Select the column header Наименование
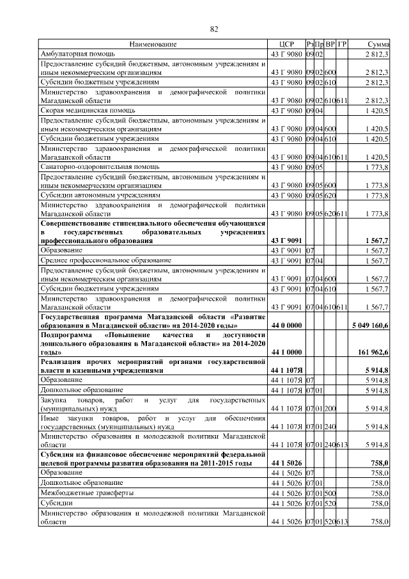(x=152, y=44)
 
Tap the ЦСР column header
(x=286, y=44)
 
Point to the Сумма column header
(x=378, y=44)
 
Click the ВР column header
(x=330, y=44)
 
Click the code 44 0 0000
(x=286, y=326)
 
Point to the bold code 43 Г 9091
(x=286, y=241)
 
